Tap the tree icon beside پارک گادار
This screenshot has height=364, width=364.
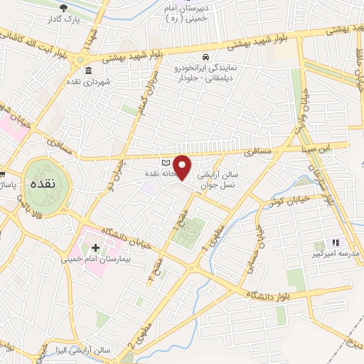pyautogui.click(x=65, y=9)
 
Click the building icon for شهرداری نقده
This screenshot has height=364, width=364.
pyautogui.click(x=88, y=71)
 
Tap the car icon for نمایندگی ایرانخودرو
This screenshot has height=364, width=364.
pyautogui.click(x=205, y=56)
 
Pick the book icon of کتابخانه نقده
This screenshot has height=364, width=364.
pyautogui.click(x=166, y=162)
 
